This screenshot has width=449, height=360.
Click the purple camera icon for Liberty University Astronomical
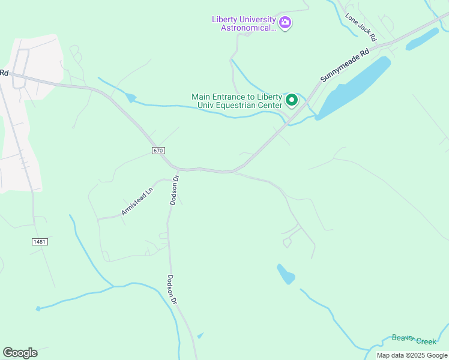(x=285, y=23)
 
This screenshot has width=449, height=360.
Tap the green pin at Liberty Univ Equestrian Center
(x=292, y=100)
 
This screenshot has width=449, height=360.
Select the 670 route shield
(x=158, y=150)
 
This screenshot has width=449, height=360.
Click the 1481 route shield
(x=39, y=241)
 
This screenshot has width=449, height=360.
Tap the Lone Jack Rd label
(x=360, y=28)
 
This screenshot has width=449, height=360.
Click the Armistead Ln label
(x=137, y=200)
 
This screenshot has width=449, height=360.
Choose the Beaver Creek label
(x=414, y=340)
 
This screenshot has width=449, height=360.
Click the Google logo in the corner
(x=20, y=352)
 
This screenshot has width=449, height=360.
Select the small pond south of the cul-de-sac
(x=286, y=274)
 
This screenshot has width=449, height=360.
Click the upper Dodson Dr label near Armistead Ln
(x=174, y=190)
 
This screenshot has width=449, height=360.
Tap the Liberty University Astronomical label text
(x=244, y=23)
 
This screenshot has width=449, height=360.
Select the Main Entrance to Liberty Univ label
(x=237, y=101)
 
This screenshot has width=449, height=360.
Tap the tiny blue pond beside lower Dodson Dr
(x=200, y=335)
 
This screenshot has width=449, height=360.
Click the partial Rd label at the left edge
(x=4, y=73)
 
